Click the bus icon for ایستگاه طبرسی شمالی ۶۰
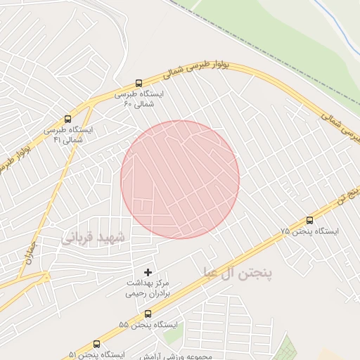click(138, 83)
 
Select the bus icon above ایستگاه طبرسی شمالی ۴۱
click(67, 119)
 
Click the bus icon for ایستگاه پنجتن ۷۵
click(310, 220)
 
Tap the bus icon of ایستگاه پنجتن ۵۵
click(148, 314)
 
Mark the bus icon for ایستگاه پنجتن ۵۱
click(96, 344)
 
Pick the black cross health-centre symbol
click(148, 271)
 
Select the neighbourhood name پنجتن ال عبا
click(241, 271)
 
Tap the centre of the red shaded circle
click(180, 179)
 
